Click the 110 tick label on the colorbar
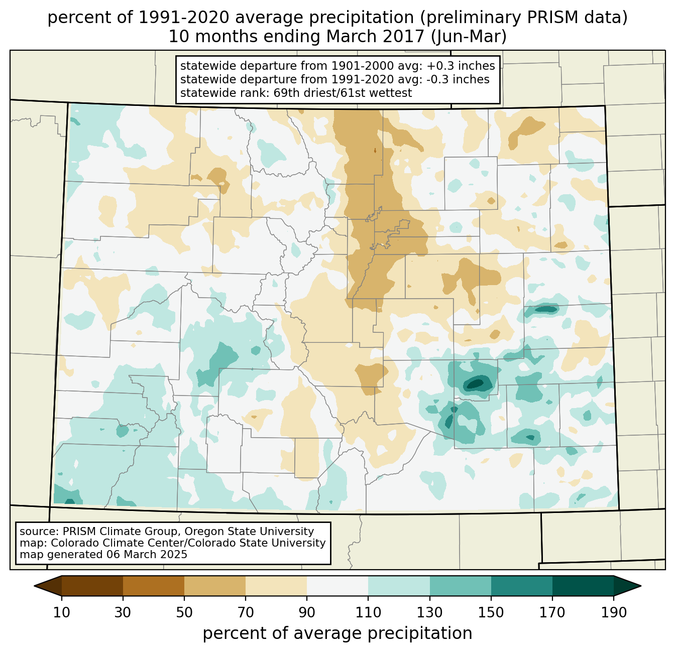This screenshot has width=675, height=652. (368, 612)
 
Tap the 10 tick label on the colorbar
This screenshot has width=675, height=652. (62, 612)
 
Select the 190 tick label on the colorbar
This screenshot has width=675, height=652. (614, 612)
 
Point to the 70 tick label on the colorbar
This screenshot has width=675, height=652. (246, 612)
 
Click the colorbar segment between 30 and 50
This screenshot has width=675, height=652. (154, 586)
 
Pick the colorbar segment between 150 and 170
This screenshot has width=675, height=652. (522, 586)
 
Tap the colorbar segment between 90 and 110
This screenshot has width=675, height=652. (338, 586)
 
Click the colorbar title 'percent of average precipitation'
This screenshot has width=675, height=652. (338, 633)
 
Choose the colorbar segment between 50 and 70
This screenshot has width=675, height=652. (215, 586)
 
